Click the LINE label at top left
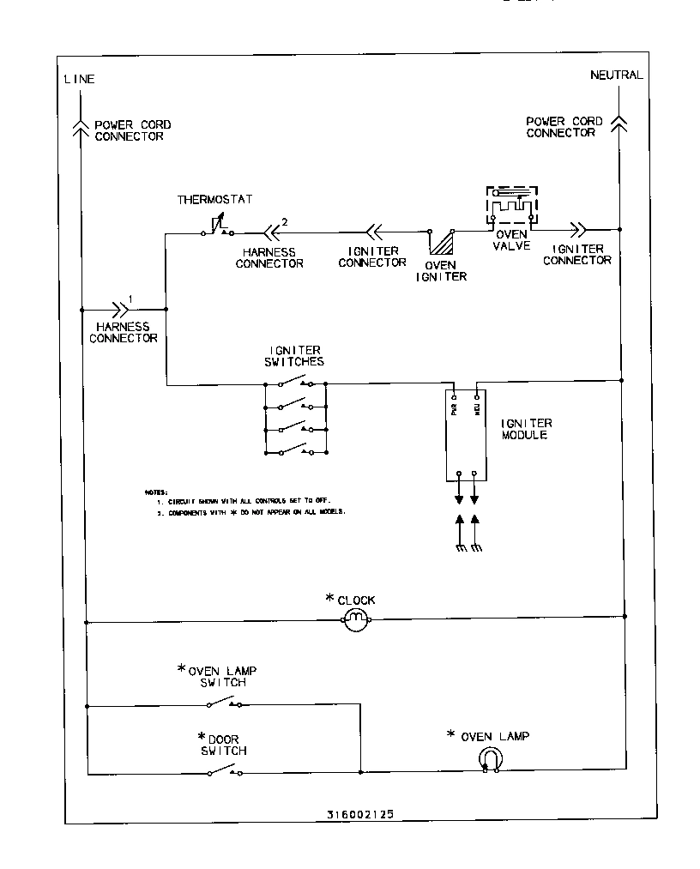point(79,79)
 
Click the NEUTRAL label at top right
point(616,75)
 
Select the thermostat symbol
point(214,227)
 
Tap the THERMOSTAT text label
point(215,200)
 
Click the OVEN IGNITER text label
point(441,270)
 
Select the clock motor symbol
point(356,621)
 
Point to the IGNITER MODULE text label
point(526,429)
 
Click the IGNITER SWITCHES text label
point(295,356)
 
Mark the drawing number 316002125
point(360,814)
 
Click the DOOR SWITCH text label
point(221,745)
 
